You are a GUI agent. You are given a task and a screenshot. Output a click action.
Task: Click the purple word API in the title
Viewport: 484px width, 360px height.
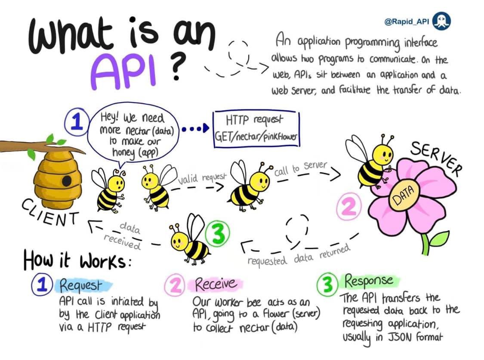[x=124, y=71]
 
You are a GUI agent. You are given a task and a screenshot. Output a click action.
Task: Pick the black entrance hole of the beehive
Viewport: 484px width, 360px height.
[x=66, y=180]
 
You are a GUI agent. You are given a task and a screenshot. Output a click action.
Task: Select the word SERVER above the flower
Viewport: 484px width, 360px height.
[x=435, y=158]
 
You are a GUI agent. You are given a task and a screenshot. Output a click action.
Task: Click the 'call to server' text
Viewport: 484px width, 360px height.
[x=301, y=168]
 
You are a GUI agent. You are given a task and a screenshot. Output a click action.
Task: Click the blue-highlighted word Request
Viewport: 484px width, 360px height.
[x=81, y=285]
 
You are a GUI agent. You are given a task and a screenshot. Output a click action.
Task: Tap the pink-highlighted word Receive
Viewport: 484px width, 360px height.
[x=216, y=284]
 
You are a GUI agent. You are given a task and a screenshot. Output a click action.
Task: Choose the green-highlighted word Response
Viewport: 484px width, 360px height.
[x=368, y=281]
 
